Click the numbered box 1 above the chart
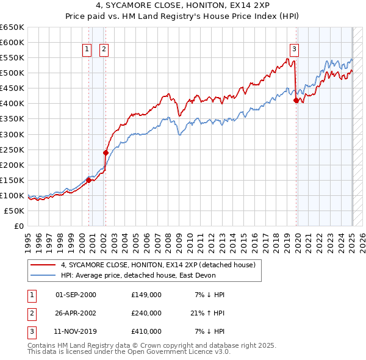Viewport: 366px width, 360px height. point(87,50)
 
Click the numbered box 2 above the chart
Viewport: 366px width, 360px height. point(104,50)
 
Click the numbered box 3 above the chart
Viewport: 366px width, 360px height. point(294,50)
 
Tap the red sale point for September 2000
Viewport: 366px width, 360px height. point(88,180)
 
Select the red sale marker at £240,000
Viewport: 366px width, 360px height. point(106,153)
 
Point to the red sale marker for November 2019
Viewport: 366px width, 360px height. point(296,100)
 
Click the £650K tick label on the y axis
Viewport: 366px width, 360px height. point(12,27)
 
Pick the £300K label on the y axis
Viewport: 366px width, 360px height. point(12,134)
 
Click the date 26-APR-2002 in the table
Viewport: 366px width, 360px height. point(76,313)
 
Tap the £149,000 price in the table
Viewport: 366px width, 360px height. point(146,295)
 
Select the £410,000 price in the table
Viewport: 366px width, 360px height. point(146,331)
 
